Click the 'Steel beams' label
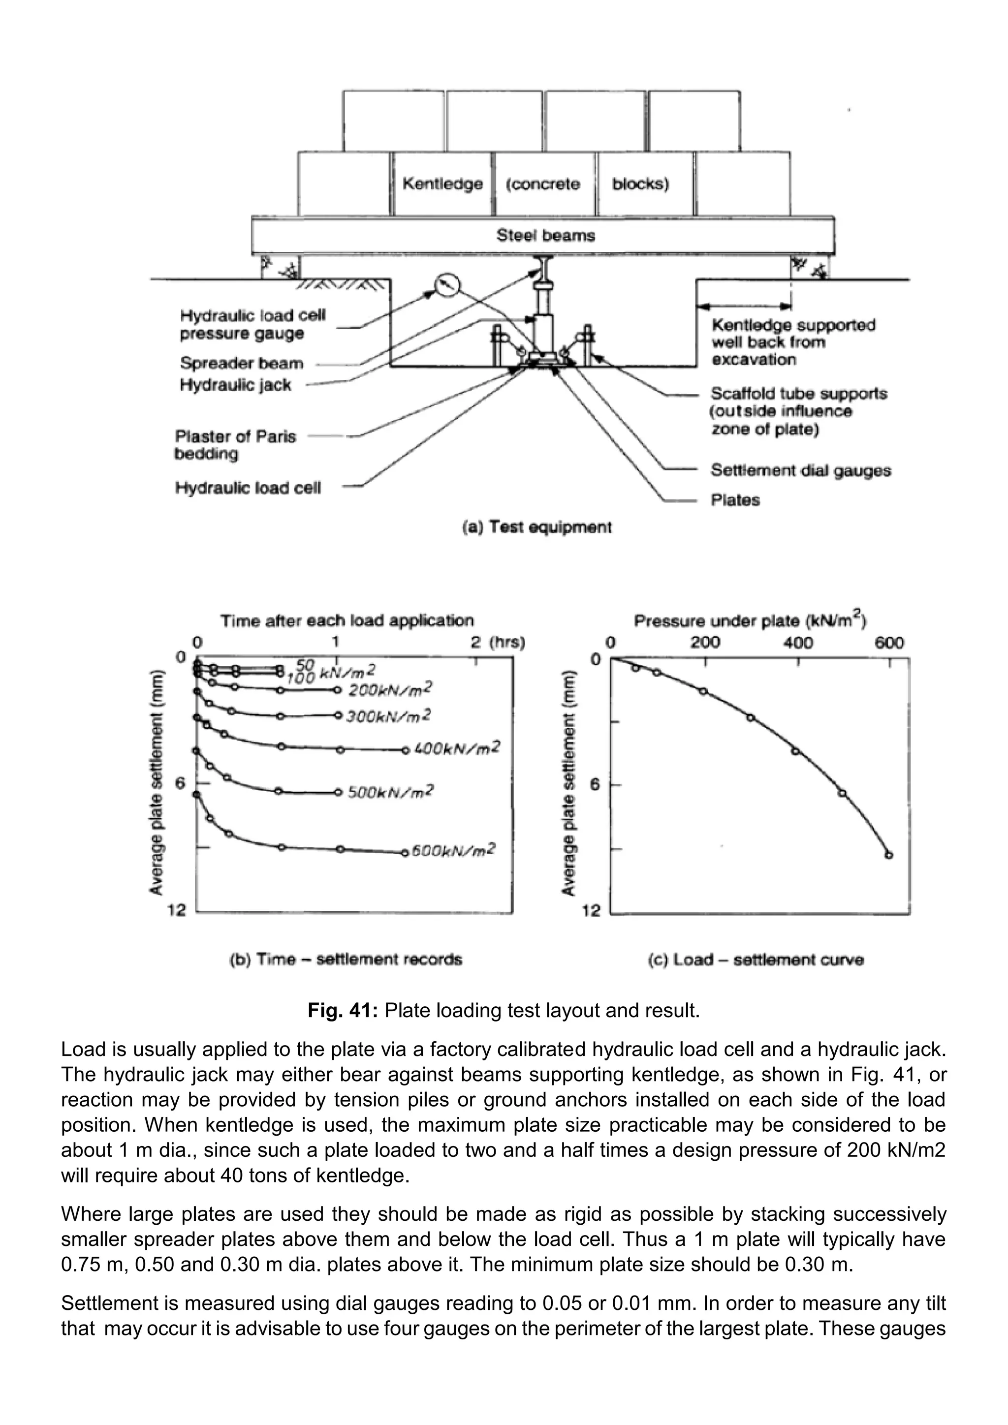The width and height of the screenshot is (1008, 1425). click(545, 235)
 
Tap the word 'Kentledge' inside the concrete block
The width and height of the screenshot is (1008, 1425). click(442, 184)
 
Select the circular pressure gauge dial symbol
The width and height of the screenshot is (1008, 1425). click(447, 285)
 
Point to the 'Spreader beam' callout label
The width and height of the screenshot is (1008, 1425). click(242, 363)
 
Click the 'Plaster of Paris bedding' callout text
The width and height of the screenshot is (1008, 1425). click(235, 445)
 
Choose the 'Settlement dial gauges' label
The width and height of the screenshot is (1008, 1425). click(800, 470)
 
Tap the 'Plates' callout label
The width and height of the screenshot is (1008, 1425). click(735, 500)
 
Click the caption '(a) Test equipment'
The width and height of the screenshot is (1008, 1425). click(537, 527)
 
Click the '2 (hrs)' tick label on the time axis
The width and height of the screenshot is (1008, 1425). click(498, 642)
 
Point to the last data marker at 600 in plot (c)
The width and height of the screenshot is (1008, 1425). click(889, 855)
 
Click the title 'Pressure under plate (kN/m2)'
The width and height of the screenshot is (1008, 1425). click(751, 620)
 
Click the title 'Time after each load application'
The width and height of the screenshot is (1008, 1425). click(347, 620)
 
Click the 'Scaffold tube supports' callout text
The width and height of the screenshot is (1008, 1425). click(798, 394)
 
